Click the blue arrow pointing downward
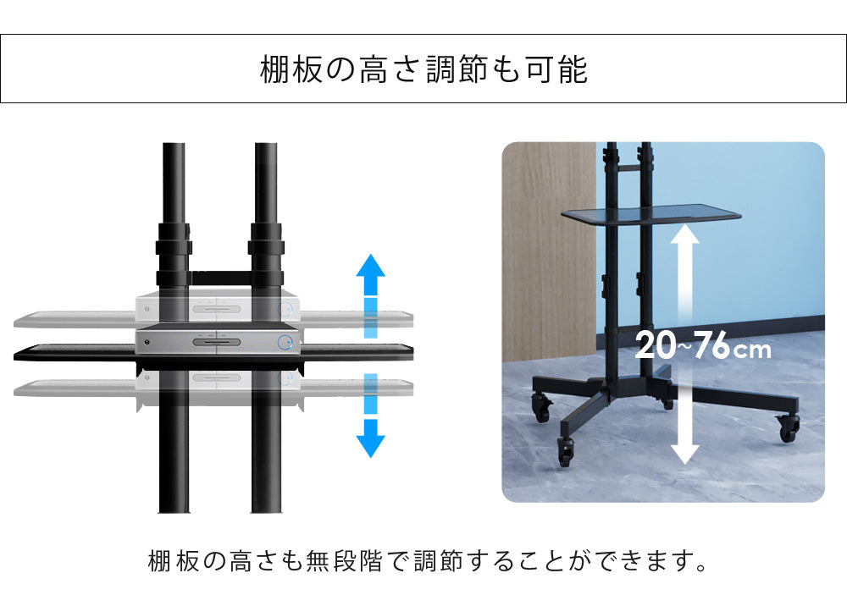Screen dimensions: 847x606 [x=371, y=416]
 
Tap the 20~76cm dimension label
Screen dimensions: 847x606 [x=703, y=345]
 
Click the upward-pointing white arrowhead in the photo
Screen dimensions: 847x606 [x=685, y=235]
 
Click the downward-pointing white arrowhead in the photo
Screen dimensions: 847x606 [x=685, y=454]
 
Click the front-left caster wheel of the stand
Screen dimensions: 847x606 [x=565, y=452]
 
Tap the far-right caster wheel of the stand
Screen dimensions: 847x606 [x=789, y=428]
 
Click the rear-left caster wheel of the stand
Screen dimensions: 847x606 [x=540, y=408]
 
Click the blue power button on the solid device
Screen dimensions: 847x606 [x=285, y=342]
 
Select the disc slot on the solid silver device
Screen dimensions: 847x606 [x=217, y=342]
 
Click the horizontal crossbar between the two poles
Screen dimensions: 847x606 [x=219, y=278]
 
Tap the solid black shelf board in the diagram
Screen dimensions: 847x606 [x=213, y=353]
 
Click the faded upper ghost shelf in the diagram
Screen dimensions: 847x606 [x=213, y=319]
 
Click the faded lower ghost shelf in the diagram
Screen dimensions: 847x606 [x=213, y=388]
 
